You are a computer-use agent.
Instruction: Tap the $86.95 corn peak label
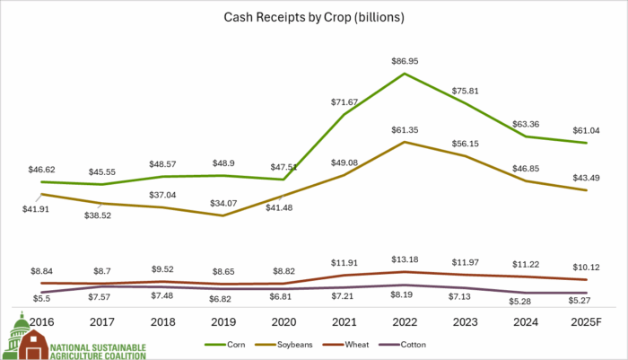406,60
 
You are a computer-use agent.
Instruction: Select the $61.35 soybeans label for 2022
406,129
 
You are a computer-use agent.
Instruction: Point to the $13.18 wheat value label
406,260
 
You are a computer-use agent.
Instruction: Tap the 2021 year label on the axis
345,320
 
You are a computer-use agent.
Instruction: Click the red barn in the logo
33,345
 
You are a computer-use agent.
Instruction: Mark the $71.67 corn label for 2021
345,102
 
